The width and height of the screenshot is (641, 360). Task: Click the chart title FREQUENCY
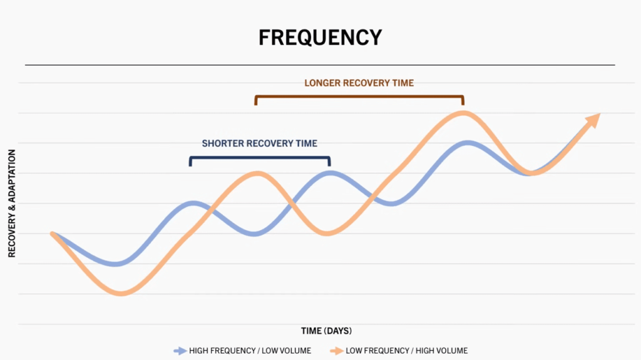(320, 37)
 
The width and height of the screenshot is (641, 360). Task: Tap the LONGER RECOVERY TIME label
(359, 83)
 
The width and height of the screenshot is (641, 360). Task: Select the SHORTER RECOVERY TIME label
(260, 143)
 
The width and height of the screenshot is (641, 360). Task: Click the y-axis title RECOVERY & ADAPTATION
(11, 203)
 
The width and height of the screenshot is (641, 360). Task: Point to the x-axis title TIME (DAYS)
(326, 331)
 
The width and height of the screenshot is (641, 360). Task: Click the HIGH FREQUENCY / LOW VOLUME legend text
(250, 351)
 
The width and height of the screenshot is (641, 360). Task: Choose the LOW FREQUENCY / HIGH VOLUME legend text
(406, 351)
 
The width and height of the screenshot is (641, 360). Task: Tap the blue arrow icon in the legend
(180, 351)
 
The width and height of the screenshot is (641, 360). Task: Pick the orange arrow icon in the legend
(336, 351)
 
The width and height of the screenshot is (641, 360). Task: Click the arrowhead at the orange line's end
(593, 120)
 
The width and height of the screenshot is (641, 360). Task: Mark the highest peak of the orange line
(463, 113)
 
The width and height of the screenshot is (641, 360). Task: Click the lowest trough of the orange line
(121, 293)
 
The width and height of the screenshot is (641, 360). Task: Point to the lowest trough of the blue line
(116, 264)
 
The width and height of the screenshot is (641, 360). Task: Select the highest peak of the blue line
(467, 143)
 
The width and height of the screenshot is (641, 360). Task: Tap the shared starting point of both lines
(53, 234)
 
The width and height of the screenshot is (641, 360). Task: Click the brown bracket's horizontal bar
(359, 96)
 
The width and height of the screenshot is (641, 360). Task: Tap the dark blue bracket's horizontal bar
(260, 158)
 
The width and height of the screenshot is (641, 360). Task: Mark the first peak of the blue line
(193, 203)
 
